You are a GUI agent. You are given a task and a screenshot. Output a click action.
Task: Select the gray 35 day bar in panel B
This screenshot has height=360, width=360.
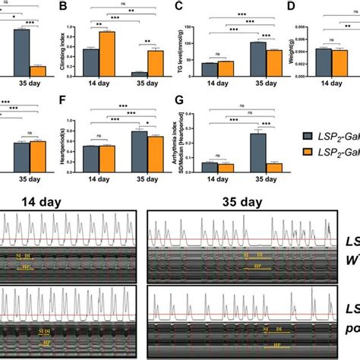tap(138, 74)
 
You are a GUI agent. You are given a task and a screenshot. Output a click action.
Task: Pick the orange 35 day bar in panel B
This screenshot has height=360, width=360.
tap(155, 63)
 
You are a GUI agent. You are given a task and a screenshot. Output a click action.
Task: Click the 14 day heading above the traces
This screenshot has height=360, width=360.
tap(62, 201)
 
